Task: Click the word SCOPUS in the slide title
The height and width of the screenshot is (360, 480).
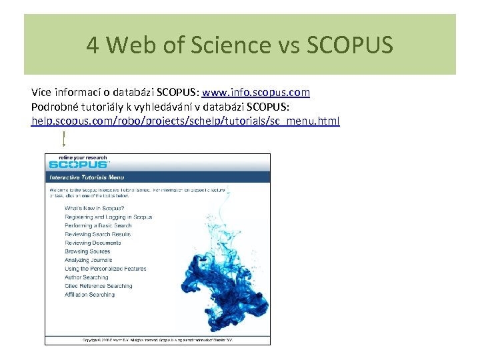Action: tap(349, 45)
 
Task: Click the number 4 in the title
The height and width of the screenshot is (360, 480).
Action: tap(93, 45)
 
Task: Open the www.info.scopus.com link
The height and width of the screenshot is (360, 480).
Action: tap(256, 92)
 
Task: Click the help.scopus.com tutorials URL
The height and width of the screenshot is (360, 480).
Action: tap(185, 121)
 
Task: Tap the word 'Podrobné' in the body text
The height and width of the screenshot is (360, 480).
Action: tap(53, 107)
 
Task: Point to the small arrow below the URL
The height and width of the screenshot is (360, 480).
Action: tap(63, 139)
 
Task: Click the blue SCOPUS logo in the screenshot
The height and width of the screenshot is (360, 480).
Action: tap(78, 164)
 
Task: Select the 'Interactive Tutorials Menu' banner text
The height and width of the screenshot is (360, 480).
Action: tap(87, 177)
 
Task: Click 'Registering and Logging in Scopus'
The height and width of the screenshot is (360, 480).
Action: tap(108, 217)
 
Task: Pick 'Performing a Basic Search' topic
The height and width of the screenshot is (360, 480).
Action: tap(98, 226)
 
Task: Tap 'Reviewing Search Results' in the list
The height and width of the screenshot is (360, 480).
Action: tap(97, 235)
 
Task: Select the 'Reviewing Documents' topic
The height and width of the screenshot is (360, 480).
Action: tap(93, 243)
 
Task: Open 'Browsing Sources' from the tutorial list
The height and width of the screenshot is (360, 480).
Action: tap(87, 252)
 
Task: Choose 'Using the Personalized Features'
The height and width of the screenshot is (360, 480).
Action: tap(105, 269)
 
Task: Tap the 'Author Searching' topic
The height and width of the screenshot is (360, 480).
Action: tap(86, 278)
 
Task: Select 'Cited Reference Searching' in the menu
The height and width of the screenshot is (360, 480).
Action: tap(98, 287)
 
